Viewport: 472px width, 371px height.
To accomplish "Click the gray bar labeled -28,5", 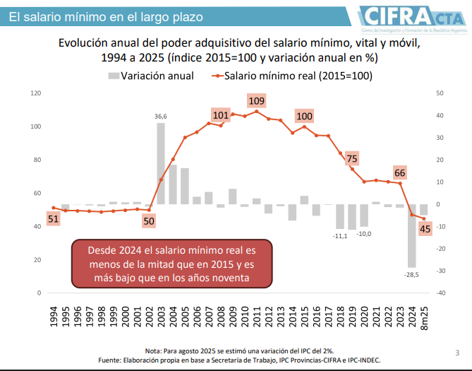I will (x=411, y=236).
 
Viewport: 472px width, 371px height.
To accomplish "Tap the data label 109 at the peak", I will (x=257, y=101).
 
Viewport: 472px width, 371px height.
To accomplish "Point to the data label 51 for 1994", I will (x=53, y=219).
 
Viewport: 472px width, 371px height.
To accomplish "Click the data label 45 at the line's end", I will (x=425, y=229).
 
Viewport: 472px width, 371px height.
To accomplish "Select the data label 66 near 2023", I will (x=400, y=173).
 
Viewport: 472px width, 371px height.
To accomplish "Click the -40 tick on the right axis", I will (x=440, y=293).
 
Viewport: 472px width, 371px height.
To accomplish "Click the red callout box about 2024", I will (x=171, y=264).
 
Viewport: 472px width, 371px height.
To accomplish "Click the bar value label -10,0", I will (x=364, y=234).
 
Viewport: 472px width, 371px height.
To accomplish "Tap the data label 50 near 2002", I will (x=148, y=221).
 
